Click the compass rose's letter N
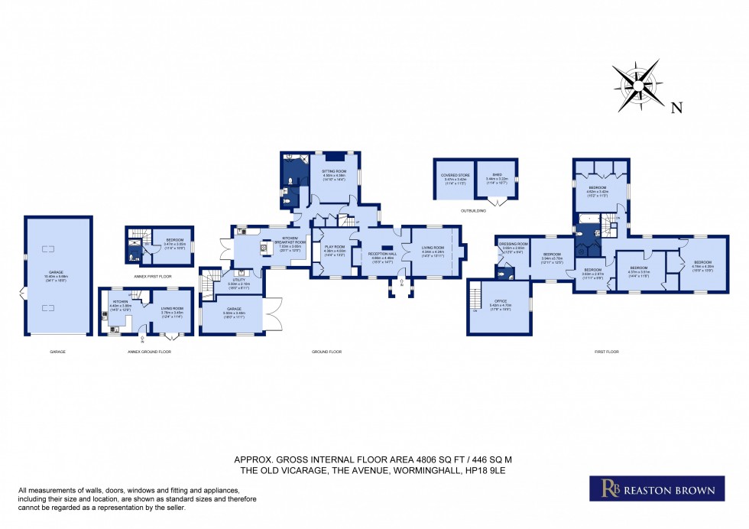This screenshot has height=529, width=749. coord(676,108)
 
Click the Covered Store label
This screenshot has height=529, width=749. coord(454,176)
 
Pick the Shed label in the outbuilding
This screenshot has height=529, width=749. coord(497,176)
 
